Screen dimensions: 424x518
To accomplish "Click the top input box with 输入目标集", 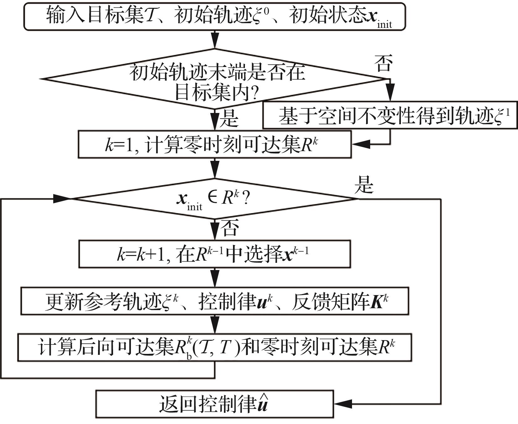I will pos(215,16).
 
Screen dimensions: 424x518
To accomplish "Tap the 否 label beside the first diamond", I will pos(383,63).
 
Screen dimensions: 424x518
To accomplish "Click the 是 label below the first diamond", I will pos(229,119).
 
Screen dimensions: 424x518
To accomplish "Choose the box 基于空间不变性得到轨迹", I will pos(390,115).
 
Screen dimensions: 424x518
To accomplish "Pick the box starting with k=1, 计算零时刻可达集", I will pos(215,144).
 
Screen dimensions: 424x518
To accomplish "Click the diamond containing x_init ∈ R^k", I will pos(215,199).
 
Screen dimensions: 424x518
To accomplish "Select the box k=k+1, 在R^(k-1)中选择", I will pos(215,254).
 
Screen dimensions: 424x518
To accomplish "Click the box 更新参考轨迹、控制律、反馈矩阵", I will pos(215,301).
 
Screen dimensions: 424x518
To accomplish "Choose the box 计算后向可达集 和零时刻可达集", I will pos(215,348).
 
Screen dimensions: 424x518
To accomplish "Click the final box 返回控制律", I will pos(215,404).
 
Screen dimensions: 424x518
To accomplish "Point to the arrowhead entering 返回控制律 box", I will pos(343,404).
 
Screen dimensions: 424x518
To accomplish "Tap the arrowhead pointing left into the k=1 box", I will pos(361,144).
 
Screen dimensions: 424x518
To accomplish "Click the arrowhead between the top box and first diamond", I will pos(215,41).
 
